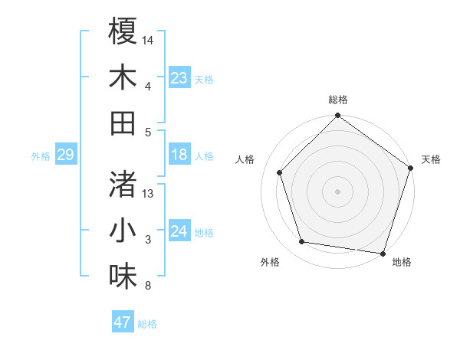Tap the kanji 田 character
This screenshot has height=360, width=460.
(x=123, y=123)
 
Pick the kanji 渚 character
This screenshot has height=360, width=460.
(x=123, y=184)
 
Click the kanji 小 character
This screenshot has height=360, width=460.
(x=123, y=230)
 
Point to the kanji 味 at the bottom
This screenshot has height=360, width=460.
(x=123, y=276)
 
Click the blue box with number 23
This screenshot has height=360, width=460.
(x=179, y=78)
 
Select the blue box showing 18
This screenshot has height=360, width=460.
(x=179, y=155)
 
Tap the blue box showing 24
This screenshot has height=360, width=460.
(x=179, y=232)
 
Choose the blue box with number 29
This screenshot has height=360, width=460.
(x=65, y=155)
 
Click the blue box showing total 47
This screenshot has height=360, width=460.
(x=123, y=322)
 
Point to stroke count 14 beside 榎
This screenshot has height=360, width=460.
(x=149, y=39)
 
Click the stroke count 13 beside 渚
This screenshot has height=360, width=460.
(x=149, y=193)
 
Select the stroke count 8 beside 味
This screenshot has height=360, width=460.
(x=147, y=286)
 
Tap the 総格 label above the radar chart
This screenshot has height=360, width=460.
(x=338, y=100)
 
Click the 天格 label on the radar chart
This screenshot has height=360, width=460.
(x=431, y=159)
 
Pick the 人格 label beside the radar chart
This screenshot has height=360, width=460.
(x=245, y=159)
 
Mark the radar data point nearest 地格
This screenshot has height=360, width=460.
(x=383, y=253)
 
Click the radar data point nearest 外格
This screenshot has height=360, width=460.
(x=302, y=242)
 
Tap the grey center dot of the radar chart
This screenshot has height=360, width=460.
(x=338, y=191)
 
